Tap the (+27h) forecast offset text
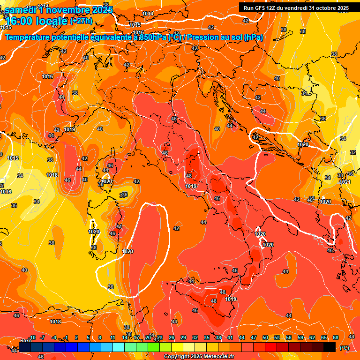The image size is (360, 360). coord(81,21)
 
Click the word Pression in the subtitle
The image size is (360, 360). coord(203,37)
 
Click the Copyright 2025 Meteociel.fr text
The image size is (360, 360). coord(199,357)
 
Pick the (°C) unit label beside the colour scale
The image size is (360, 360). coord(344,348)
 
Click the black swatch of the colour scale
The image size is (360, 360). coord(330,347)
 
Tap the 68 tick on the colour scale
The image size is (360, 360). coord(336,337)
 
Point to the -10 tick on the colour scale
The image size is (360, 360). coord(32,337)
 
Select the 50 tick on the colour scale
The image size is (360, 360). coord(265,337)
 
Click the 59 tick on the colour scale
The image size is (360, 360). coord(300,337)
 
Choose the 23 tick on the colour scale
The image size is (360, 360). coord(159,337)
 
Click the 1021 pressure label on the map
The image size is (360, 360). coord(345,182)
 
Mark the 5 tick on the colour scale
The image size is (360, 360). coord(89,337)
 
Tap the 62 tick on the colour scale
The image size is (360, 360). coord(312,337)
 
